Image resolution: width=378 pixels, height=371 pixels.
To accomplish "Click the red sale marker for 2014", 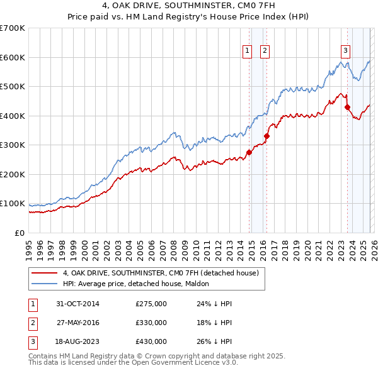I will tap(249, 152).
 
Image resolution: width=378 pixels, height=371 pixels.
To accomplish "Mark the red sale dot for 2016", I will tap(266, 136).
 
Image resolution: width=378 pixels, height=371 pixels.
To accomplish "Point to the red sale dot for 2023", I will tap(347, 107).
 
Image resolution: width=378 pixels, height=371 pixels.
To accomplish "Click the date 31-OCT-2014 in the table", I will tap(78, 304).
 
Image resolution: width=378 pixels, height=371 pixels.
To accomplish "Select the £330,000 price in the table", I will tap(151, 323).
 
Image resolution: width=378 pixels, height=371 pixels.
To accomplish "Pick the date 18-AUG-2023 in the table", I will tap(78, 341).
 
